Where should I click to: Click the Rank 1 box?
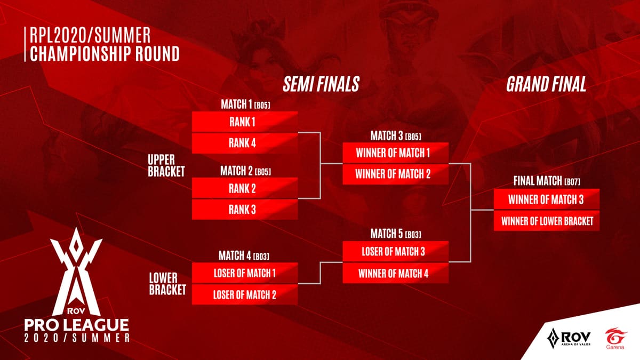point(244,122)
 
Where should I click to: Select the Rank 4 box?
point(244,143)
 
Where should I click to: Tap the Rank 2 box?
point(244,188)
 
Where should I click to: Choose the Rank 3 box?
point(244,209)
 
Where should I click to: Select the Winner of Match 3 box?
point(546,199)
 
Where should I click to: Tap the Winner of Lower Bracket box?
point(546,220)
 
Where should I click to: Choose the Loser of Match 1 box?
point(244,273)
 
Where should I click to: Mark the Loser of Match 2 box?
point(244,294)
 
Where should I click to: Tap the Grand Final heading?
point(546,84)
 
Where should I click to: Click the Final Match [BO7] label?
point(546,181)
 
